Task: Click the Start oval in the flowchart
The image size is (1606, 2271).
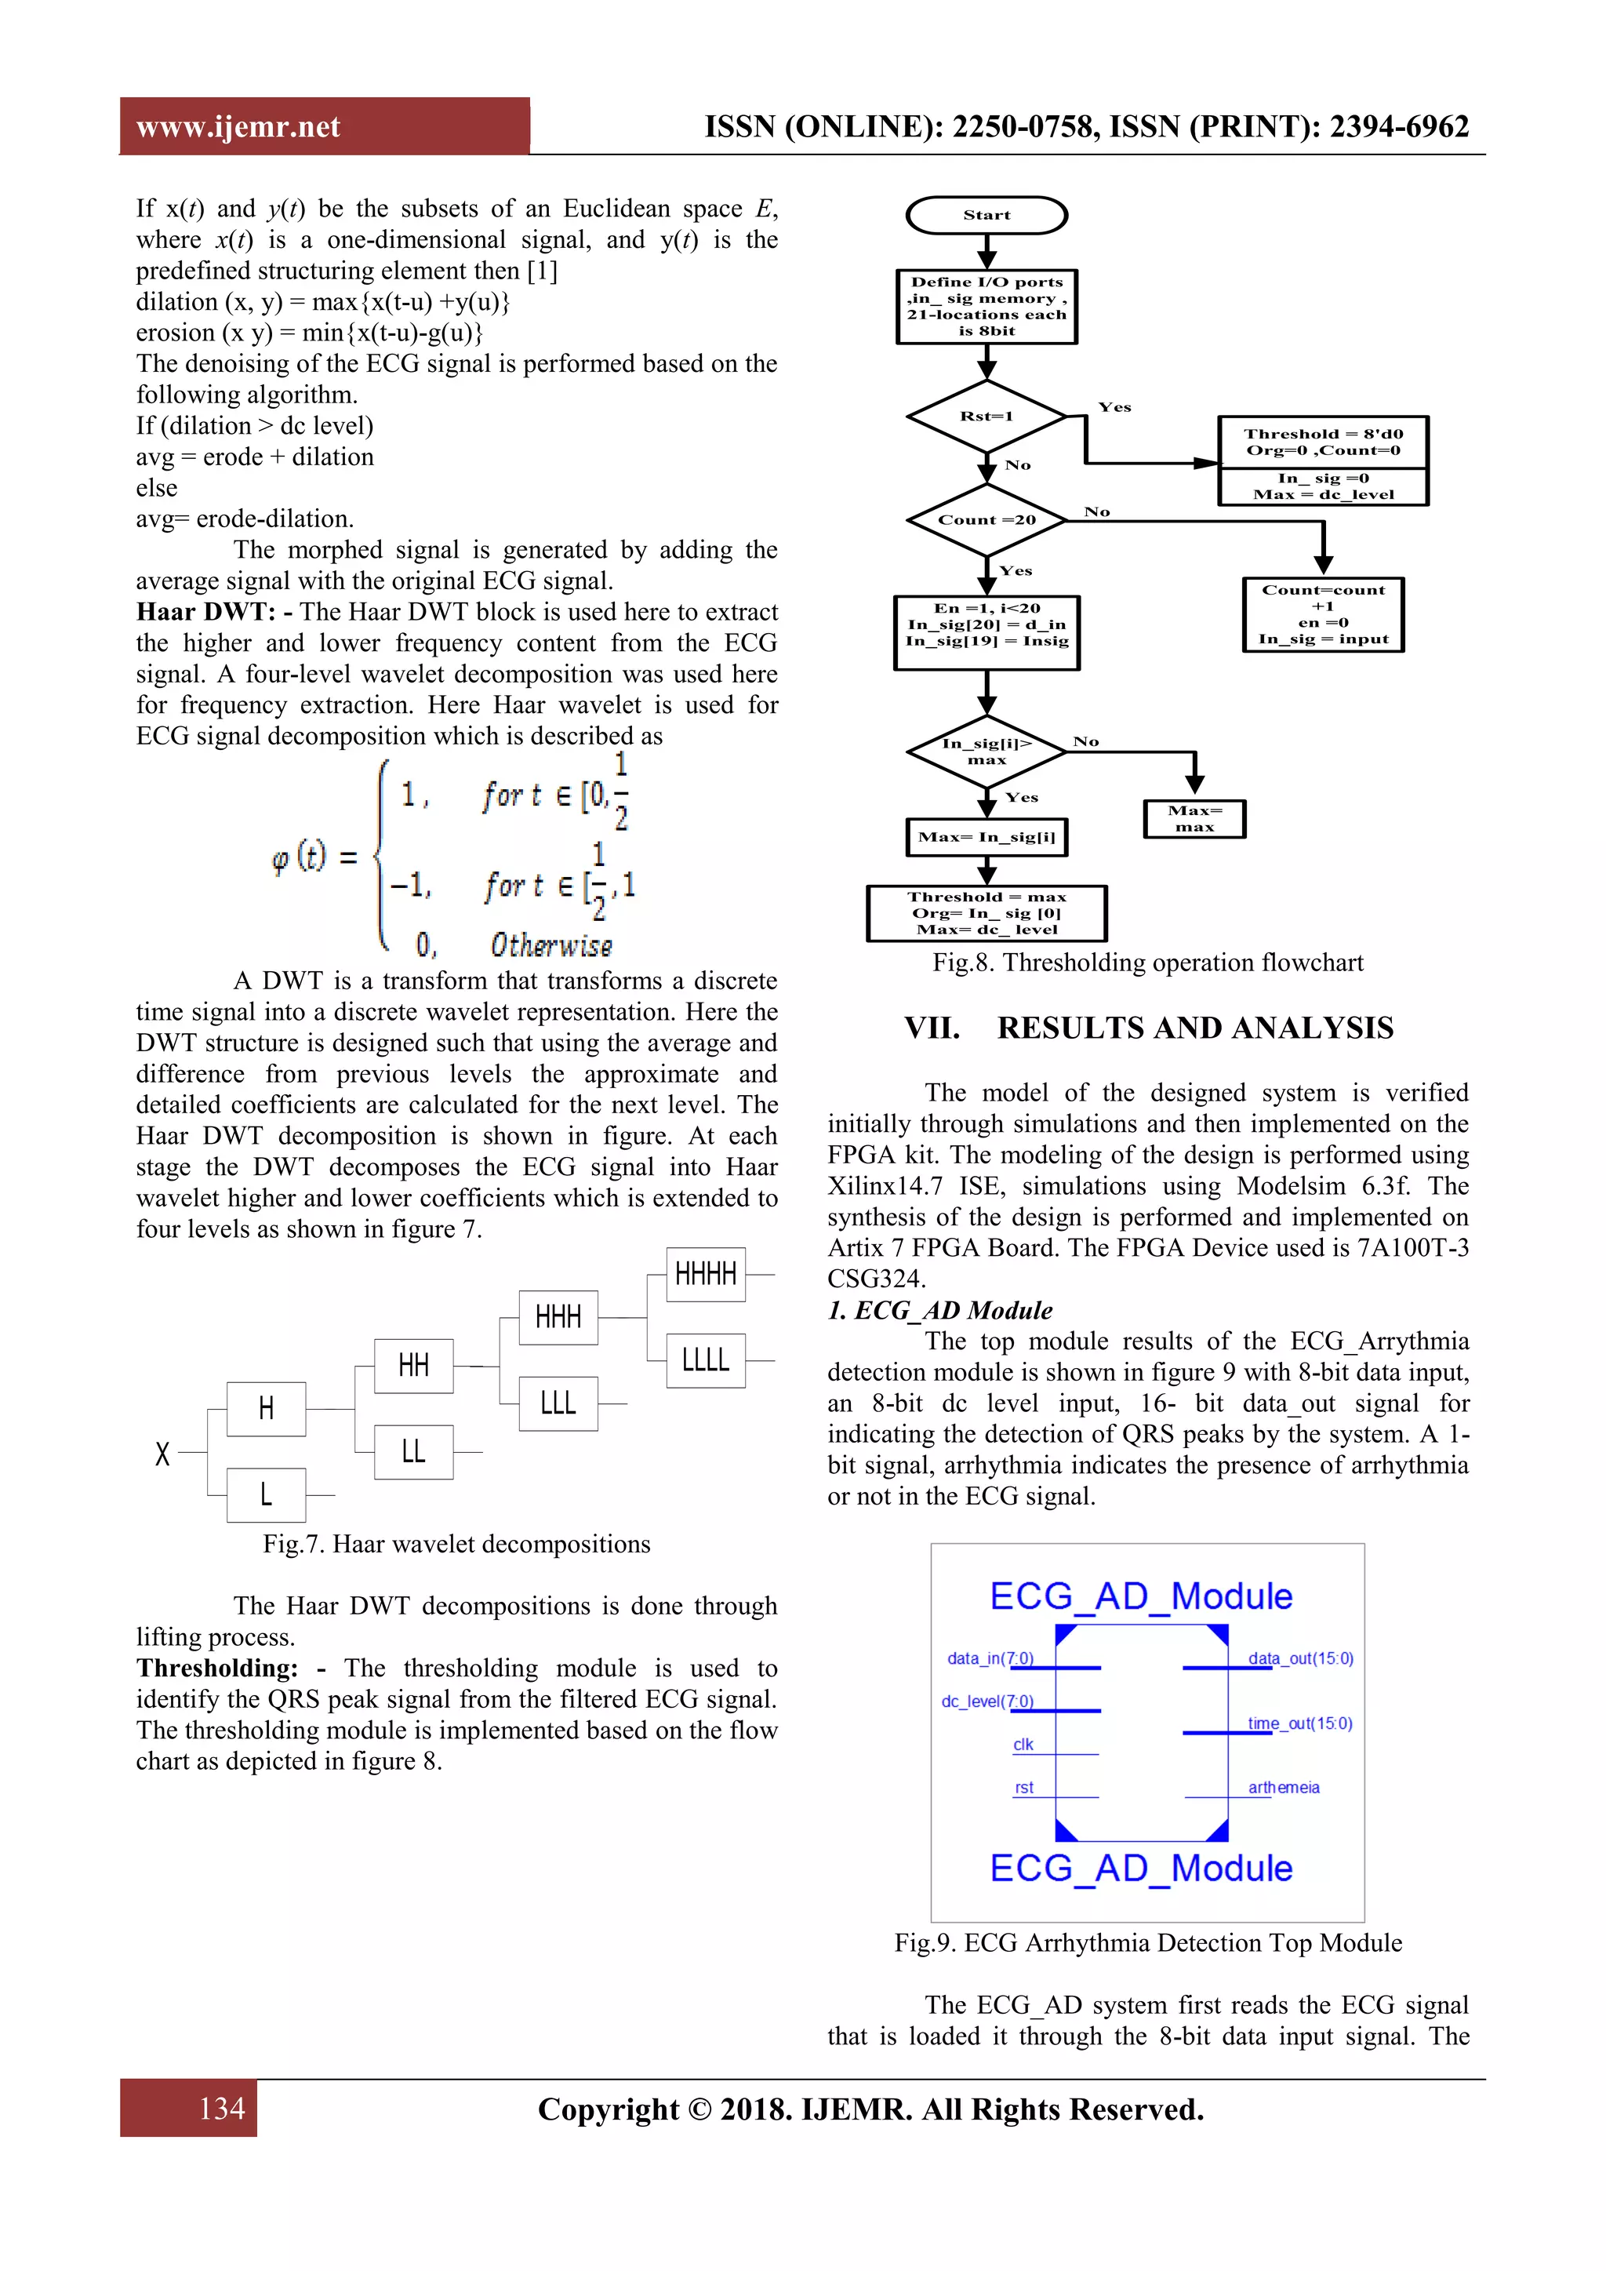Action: point(986,215)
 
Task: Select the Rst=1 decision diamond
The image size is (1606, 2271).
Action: point(986,417)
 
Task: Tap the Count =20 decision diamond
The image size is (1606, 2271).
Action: point(986,519)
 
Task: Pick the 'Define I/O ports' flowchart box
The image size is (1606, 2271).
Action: point(986,307)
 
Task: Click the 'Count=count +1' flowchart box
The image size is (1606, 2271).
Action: point(1322,614)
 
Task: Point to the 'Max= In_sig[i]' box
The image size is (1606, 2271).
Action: point(986,838)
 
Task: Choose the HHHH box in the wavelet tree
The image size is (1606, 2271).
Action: point(705,1274)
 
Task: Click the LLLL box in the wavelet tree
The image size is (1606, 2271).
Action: point(705,1360)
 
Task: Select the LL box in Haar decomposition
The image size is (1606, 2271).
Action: point(413,1451)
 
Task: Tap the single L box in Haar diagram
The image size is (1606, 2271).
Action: point(266,1494)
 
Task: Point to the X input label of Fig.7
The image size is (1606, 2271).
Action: point(163,1453)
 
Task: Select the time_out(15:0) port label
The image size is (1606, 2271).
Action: point(1299,1723)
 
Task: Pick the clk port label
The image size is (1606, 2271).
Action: point(1023,1745)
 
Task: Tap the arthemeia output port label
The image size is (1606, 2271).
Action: point(1284,1787)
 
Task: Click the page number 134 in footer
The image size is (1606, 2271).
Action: point(221,2108)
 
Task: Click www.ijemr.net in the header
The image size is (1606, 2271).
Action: point(238,126)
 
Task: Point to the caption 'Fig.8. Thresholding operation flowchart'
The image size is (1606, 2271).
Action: point(1147,963)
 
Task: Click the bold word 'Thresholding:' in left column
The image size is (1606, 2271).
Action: point(216,1668)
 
